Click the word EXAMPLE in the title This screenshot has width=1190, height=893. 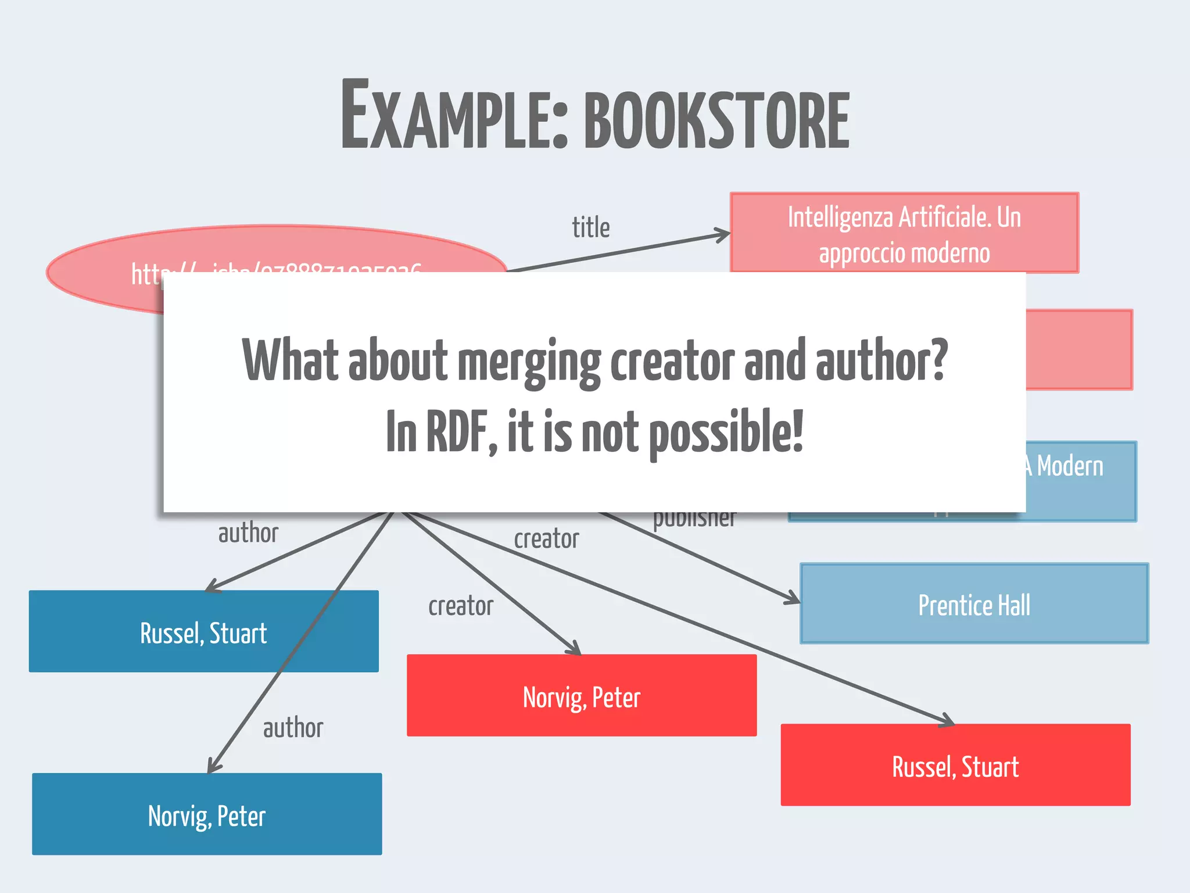pos(453,116)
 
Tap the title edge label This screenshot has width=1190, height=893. pos(590,227)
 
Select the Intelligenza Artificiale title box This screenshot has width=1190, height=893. pos(904,233)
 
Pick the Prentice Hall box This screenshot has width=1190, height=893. pos(974,604)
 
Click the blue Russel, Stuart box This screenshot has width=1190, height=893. pos(203,632)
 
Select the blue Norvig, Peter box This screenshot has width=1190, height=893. pos(207,815)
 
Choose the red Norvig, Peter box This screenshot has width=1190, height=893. pos(581,696)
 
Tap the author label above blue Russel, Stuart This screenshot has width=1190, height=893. pos(248,533)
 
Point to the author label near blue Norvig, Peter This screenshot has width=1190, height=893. pos(293,728)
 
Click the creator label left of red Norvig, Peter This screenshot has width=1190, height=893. pos(461,606)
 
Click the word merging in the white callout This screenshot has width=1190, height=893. pos(529,362)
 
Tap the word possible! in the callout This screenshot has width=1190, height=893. pos(726,433)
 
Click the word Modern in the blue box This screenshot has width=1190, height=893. pos(1070,466)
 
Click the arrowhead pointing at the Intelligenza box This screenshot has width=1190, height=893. pos(723,235)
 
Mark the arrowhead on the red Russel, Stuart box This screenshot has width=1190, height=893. pos(947,721)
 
